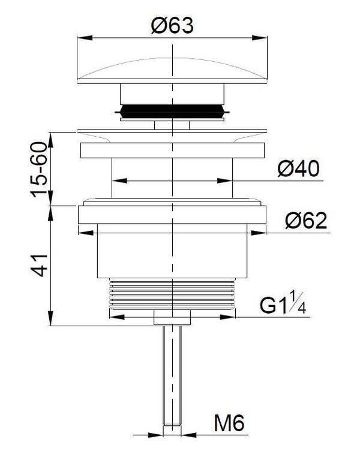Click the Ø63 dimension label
tap(172, 25)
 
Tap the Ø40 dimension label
tap(298, 169)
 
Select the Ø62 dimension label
tap(306, 220)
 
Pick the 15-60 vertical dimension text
tap(39, 170)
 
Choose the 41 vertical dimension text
tap(39, 265)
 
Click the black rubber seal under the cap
tap(172, 112)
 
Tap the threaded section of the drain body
tap(172, 294)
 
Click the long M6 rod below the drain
tap(172, 375)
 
